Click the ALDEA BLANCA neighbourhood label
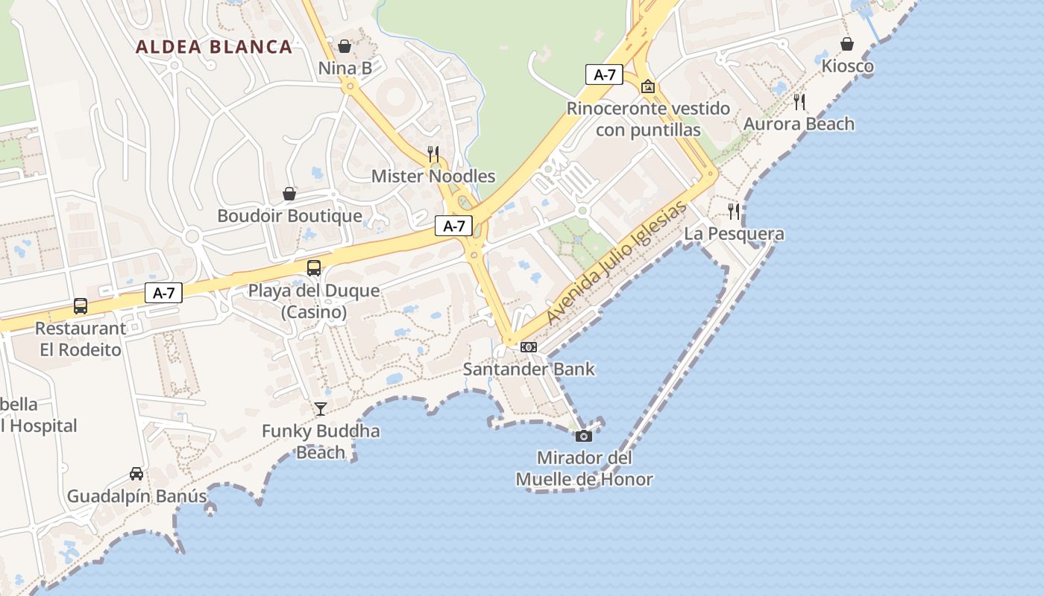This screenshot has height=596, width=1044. click(213, 47)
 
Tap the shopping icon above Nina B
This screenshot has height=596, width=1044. click(345, 46)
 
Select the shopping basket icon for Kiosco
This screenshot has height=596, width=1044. click(847, 44)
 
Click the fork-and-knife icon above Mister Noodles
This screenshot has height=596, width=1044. click(433, 153)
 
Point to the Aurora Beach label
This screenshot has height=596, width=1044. click(799, 124)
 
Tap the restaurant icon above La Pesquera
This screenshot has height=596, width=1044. click(734, 212)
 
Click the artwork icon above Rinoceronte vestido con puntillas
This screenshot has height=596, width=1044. click(648, 86)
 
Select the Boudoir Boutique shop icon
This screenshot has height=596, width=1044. click(289, 194)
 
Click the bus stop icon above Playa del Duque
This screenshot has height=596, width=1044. click(314, 267)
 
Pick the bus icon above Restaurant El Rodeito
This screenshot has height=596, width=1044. click(80, 305)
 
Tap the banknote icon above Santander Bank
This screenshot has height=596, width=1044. click(529, 347)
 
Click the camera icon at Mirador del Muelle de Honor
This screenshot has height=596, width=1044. click(584, 436)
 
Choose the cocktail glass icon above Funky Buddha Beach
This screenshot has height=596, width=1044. click(321, 408)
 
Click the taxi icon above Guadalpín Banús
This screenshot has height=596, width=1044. click(136, 473)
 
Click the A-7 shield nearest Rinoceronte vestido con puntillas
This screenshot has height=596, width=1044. click(604, 74)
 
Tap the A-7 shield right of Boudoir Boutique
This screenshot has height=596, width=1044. click(454, 226)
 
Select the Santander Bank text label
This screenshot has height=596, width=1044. click(529, 369)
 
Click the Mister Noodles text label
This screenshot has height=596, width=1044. click(433, 177)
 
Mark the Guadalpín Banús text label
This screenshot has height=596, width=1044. click(136, 496)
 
